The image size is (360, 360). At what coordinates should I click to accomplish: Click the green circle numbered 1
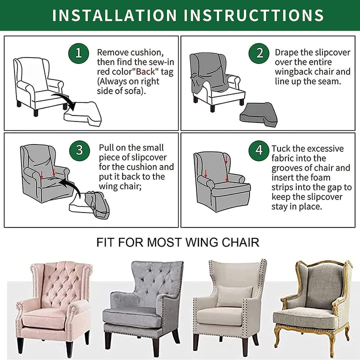click(x=78, y=53)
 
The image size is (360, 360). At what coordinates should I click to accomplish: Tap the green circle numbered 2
click(x=259, y=53)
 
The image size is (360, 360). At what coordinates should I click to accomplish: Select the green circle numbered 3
click(x=79, y=150)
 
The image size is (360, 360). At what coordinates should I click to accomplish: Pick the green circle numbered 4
click(x=259, y=150)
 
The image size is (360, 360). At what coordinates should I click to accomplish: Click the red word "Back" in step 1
click(x=145, y=71)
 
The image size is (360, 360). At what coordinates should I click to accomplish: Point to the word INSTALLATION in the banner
click(x=114, y=15)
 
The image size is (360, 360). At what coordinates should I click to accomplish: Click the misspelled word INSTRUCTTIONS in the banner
click(x=253, y=15)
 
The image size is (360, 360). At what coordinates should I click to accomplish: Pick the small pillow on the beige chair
click(x=234, y=296)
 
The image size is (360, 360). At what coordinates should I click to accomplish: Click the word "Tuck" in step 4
click(x=280, y=148)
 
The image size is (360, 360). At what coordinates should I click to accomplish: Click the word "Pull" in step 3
click(x=106, y=147)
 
